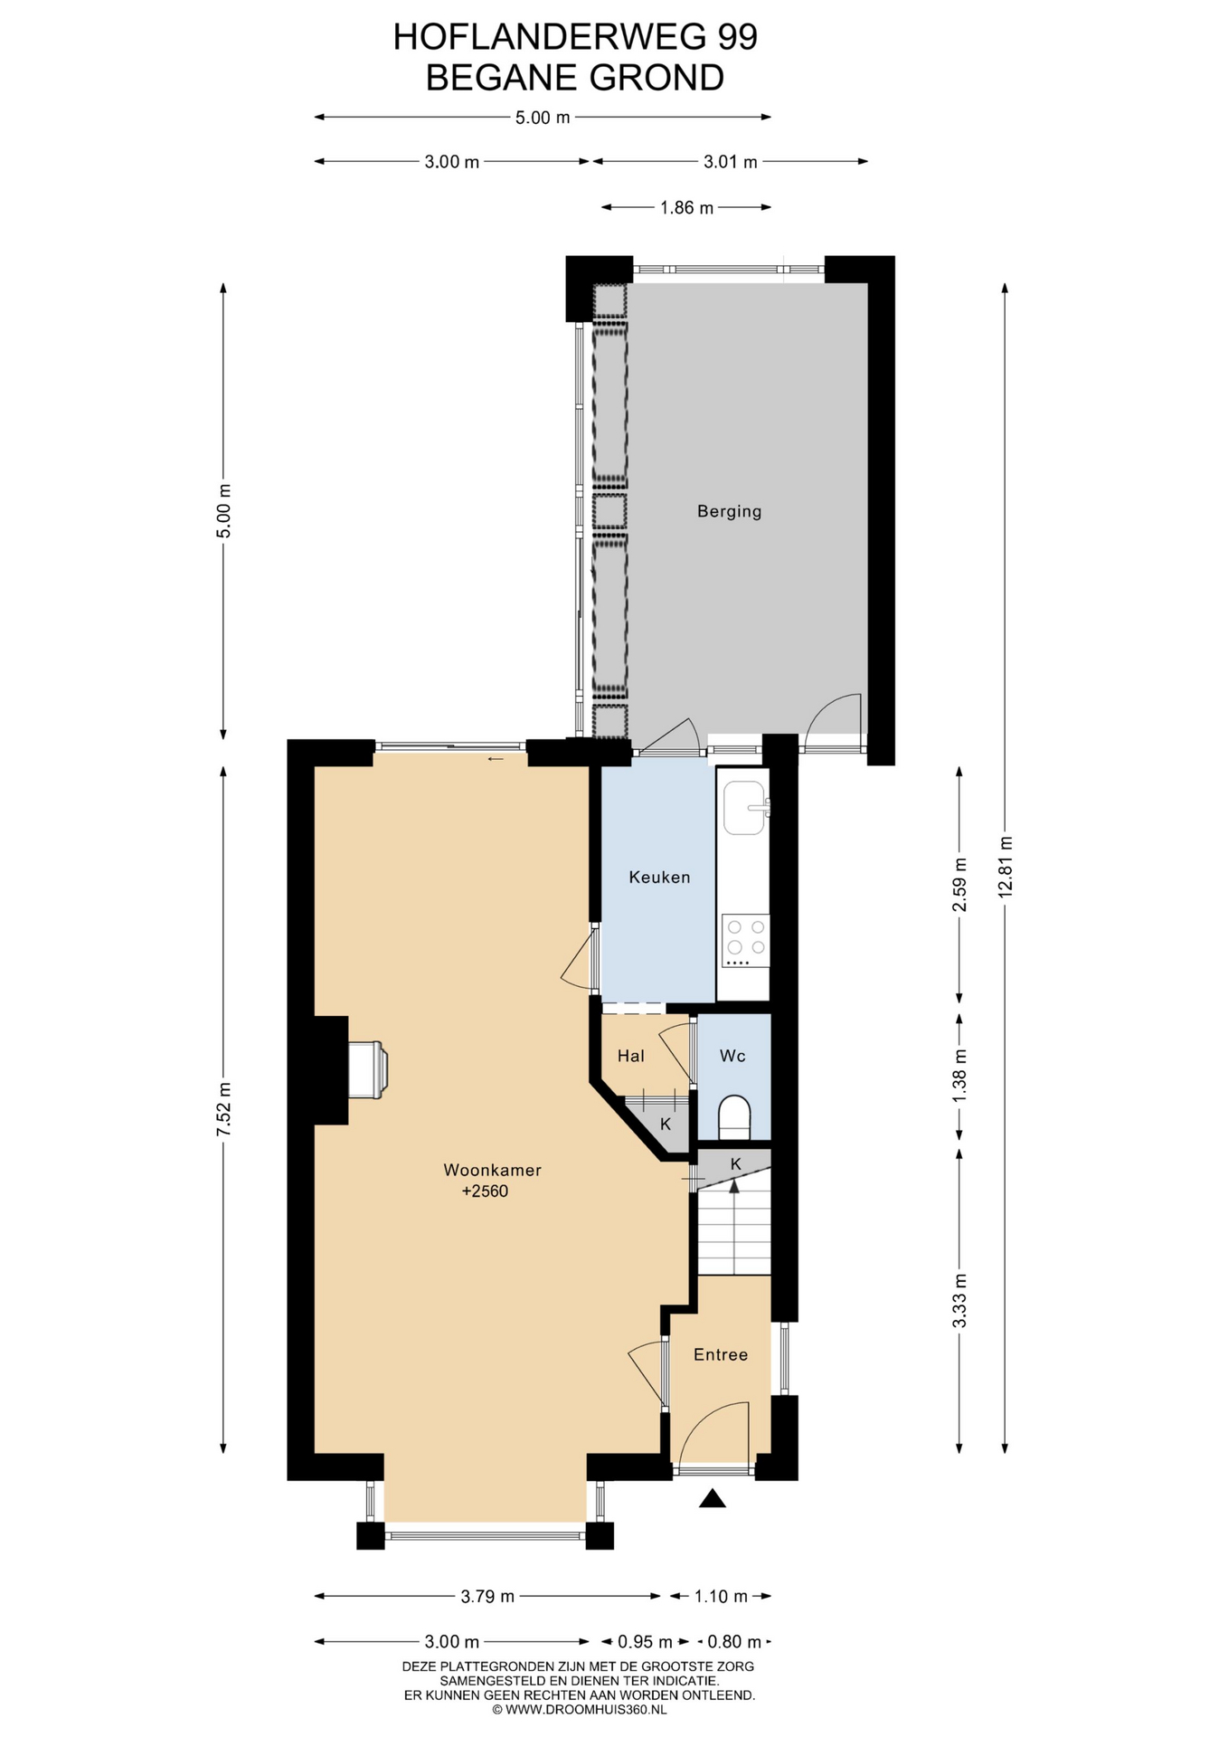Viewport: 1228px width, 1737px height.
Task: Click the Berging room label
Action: (x=729, y=512)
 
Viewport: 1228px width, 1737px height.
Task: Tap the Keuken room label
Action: (x=659, y=877)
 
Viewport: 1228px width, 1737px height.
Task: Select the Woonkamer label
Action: (x=492, y=1170)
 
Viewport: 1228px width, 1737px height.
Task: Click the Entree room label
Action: (x=721, y=1354)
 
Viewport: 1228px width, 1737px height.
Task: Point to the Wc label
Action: (x=732, y=1056)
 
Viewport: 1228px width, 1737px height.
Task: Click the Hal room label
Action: (x=631, y=1056)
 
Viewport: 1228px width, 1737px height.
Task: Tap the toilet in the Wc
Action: (x=734, y=1118)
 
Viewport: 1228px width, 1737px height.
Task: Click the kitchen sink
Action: (x=746, y=808)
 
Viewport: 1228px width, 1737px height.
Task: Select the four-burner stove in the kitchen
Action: (x=746, y=941)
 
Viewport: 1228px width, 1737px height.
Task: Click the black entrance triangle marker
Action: (x=713, y=1499)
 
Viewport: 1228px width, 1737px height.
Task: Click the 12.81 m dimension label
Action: (x=1006, y=867)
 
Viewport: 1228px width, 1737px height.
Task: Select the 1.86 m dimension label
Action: (x=687, y=208)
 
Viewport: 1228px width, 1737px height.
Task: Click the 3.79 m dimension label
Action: (x=487, y=1597)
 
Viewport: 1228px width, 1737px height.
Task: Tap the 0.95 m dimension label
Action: (x=645, y=1642)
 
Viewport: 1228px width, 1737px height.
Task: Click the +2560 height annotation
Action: (x=485, y=1191)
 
